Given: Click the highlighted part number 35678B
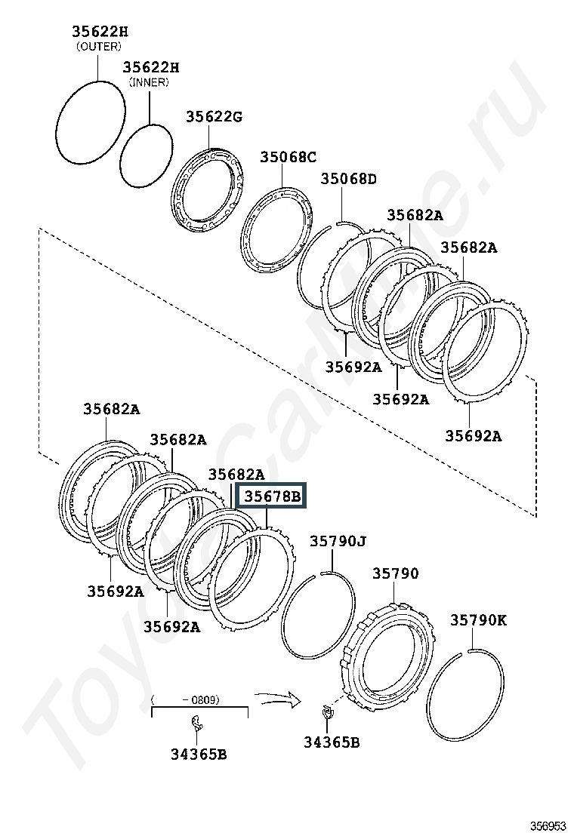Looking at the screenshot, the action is (272, 496).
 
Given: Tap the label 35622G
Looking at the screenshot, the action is (214, 116).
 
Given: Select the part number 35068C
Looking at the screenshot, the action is (288, 157).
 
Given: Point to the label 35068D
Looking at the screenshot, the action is (349, 179).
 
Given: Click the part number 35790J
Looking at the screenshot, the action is (338, 541).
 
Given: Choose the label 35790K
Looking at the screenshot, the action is (478, 619).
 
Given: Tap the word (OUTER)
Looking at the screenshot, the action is (99, 47).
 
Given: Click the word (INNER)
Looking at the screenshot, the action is (149, 82).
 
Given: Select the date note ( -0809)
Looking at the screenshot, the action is (185, 699).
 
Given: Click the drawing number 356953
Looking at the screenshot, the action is (548, 825).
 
